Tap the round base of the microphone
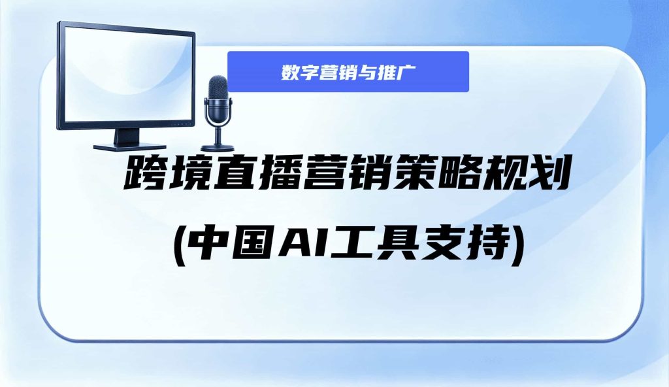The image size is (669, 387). (218, 148)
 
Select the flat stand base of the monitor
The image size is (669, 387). (123, 146)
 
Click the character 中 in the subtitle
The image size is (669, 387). (207, 244)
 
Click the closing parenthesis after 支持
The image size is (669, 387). (518, 246)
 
